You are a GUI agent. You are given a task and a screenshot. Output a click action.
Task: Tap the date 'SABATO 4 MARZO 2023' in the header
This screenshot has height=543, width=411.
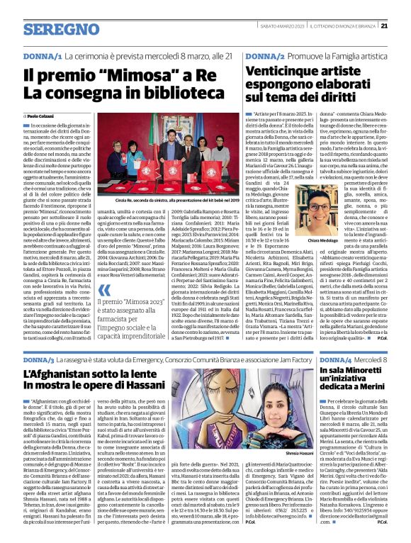coord(281,26)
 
